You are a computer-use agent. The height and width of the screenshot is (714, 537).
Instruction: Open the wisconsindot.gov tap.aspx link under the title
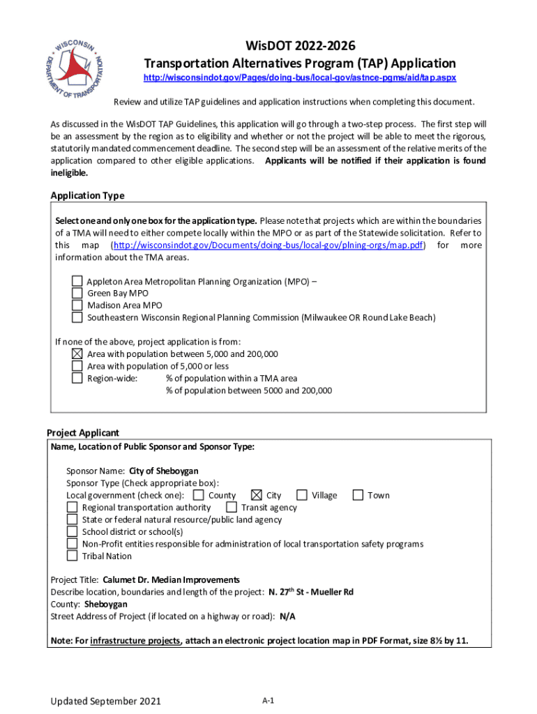click(x=300, y=78)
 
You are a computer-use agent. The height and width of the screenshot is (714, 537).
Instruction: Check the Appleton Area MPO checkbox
click(x=77, y=281)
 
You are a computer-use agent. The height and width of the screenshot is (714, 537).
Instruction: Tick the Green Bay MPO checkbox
click(x=77, y=294)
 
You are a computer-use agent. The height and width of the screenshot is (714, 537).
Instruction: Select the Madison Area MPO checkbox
click(x=77, y=305)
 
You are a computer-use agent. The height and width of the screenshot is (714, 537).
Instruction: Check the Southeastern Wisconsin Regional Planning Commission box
click(x=77, y=317)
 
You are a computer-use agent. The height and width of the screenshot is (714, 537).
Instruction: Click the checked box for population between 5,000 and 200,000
click(x=77, y=354)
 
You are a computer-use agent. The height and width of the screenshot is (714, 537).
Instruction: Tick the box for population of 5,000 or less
click(x=77, y=366)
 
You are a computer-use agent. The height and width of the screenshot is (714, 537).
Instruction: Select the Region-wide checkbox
click(x=77, y=378)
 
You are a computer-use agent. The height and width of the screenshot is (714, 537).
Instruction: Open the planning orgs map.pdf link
click(x=268, y=245)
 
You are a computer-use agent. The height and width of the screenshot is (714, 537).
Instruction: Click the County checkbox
click(x=199, y=495)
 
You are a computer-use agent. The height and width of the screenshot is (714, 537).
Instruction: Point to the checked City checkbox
click(x=257, y=495)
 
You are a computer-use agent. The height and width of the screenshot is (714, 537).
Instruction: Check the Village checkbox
click(x=302, y=495)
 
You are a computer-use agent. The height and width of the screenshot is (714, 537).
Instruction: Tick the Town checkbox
click(x=358, y=495)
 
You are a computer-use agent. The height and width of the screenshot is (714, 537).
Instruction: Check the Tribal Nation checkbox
click(x=72, y=556)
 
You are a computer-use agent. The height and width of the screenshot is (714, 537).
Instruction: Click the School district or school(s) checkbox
click(x=72, y=531)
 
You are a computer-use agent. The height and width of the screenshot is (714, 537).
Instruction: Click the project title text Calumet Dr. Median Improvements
click(x=171, y=579)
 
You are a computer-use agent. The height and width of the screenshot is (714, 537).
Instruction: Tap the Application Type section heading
click(x=87, y=195)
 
